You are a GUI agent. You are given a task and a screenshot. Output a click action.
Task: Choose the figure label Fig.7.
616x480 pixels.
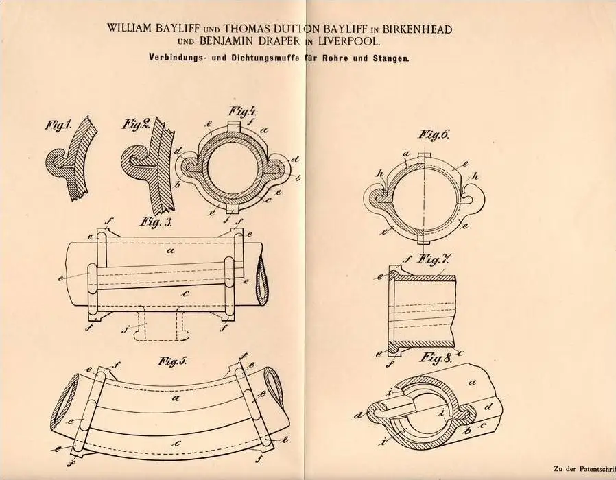coord(427,259)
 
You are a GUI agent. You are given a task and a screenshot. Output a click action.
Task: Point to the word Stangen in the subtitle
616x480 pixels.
coord(392,59)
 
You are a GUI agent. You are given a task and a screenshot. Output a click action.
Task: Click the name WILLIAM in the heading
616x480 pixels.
coord(134,28)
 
